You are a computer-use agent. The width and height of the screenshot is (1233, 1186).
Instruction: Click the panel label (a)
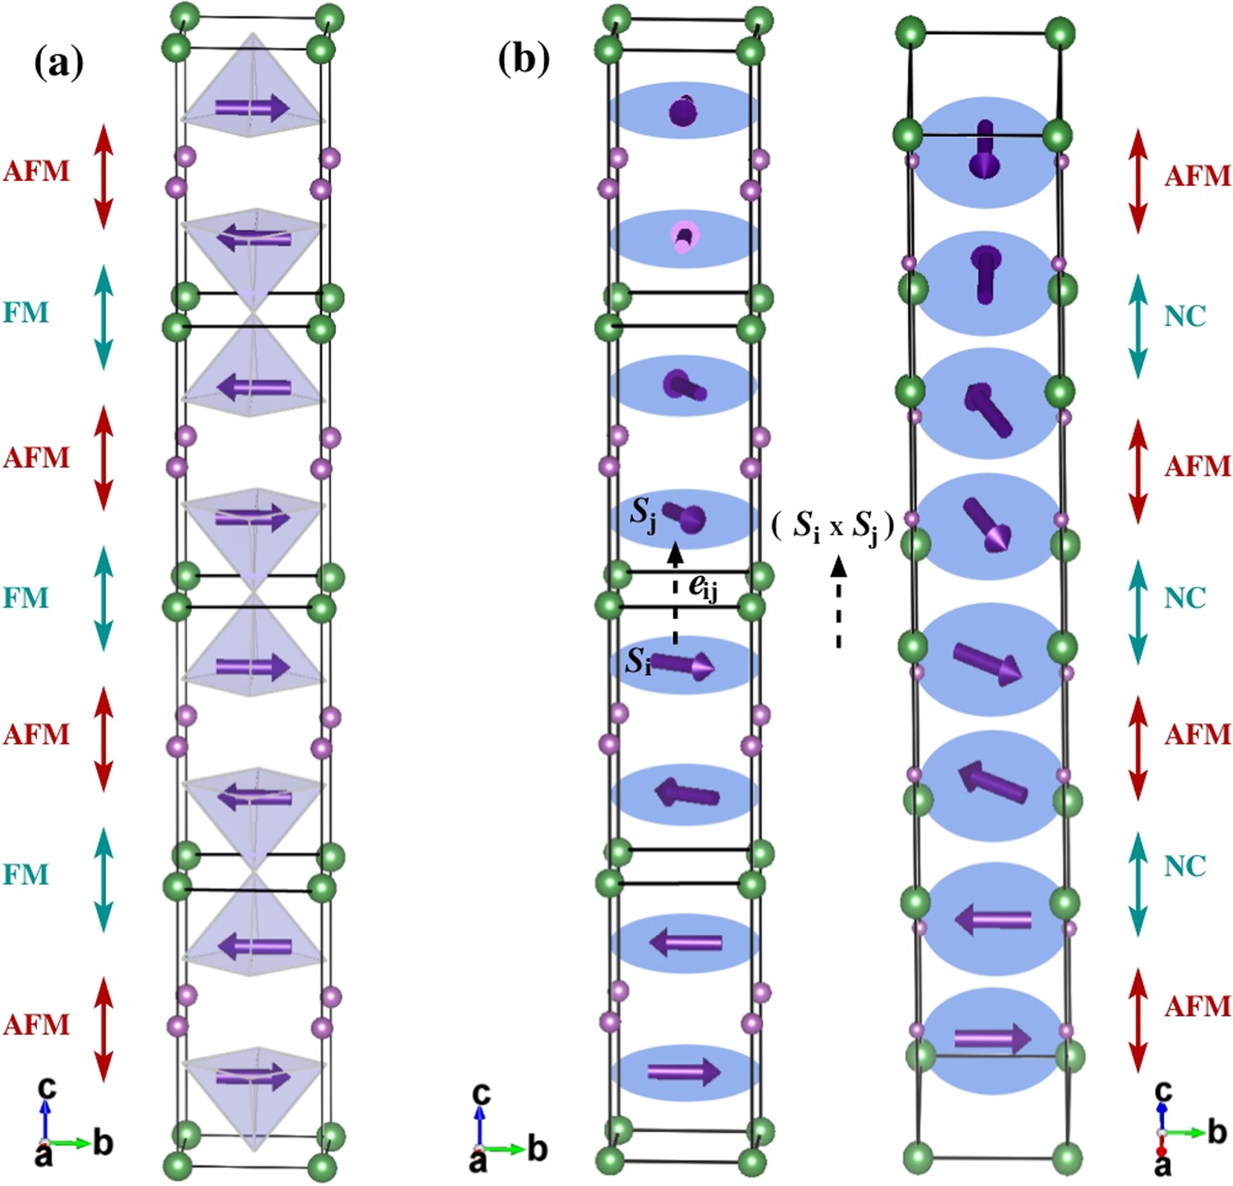(x=58, y=63)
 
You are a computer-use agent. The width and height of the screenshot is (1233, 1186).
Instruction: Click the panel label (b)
(x=524, y=58)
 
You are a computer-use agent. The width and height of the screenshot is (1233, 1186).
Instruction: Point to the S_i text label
(x=639, y=660)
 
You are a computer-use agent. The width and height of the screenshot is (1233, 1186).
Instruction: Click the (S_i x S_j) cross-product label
(x=833, y=525)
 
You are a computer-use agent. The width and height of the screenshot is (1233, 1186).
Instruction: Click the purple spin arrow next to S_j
(x=686, y=517)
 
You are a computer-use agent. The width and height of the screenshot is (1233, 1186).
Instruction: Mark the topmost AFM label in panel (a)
(x=37, y=171)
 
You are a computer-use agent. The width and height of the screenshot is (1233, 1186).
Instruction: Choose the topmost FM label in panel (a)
(x=25, y=312)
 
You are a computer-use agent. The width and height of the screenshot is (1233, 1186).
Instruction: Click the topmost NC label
(x=1185, y=316)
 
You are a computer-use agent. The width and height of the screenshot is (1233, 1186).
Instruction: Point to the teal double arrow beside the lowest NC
(x=1138, y=884)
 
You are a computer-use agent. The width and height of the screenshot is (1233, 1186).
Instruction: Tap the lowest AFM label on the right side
(x=1197, y=1006)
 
